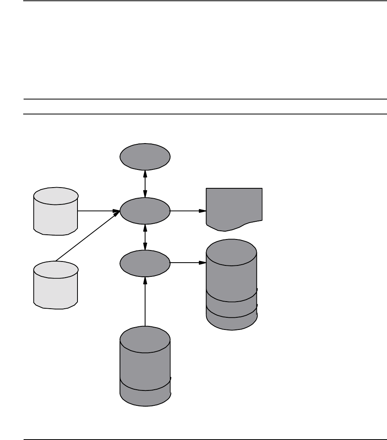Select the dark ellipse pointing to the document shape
pyautogui.click(x=145, y=211)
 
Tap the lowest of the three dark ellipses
pyautogui.click(x=145, y=263)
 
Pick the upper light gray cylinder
pyautogui.click(x=55, y=211)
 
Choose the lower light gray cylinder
pyautogui.click(x=55, y=284)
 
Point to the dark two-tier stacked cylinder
pyautogui.click(x=145, y=362)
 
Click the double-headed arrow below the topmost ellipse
pyautogui.click(x=146, y=184)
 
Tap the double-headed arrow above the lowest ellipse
pyautogui.click(x=146, y=237)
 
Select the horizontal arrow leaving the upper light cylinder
pyautogui.click(x=98, y=211)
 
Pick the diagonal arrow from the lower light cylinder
pyautogui.click(x=87, y=236)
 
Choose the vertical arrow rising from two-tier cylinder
pyautogui.click(x=146, y=301)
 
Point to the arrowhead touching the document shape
pyautogui.click(x=203, y=211)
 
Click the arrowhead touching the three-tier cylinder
pyautogui.click(x=203, y=263)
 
